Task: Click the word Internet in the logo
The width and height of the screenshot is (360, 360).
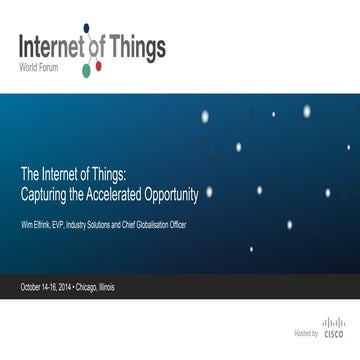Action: point(49,47)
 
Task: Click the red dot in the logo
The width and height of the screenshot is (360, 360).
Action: point(98,66)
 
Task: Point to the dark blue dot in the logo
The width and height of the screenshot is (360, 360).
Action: point(86,28)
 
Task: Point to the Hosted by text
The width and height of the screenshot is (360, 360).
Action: point(305,334)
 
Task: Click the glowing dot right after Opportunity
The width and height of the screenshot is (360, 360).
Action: point(209,191)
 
